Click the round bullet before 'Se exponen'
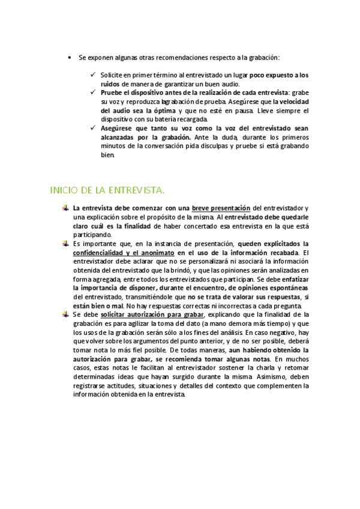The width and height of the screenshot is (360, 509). tap(70, 58)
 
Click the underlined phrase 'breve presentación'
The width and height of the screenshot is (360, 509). tap(225, 208)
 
